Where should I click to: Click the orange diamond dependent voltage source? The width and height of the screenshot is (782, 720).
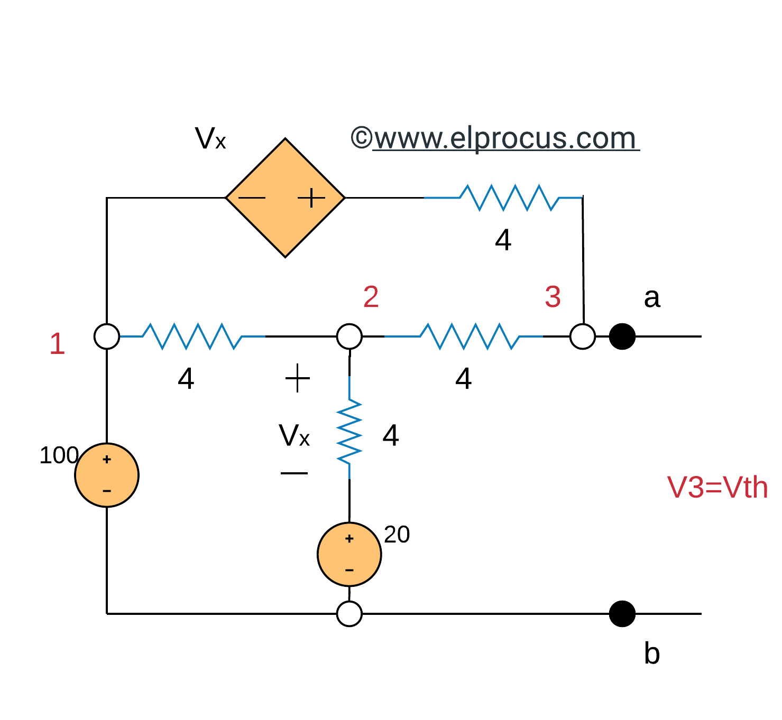pos(285,198)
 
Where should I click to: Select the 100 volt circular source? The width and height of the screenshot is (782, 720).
pos(107,475)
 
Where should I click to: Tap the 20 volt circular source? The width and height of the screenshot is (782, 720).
pos(349,554)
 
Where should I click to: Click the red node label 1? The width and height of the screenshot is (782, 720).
pos(57,344)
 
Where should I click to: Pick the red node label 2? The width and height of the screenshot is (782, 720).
pos(371,297)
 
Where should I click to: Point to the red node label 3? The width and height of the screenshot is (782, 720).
pos(553,297)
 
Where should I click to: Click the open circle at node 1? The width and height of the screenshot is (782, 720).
pos(107,336)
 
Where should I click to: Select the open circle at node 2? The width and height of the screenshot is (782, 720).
pos(349,336)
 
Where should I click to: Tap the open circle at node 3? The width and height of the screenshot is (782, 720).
pos(583,336)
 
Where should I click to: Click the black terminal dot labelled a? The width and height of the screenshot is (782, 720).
pos(622,336)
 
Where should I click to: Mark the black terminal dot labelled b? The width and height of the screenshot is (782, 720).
pos(622,614)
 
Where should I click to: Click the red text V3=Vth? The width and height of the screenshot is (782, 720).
pos(717,487)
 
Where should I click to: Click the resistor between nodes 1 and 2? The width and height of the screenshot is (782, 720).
pos(192,336)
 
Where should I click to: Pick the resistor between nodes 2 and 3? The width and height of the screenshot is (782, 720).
pos(470,336)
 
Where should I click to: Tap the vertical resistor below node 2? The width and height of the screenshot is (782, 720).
pos(349,432)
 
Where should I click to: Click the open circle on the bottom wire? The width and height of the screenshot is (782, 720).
pos(349,614)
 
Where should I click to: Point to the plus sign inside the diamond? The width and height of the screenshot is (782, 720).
pos(311,198)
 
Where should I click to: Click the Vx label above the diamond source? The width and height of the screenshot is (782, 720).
pos(210,139)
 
